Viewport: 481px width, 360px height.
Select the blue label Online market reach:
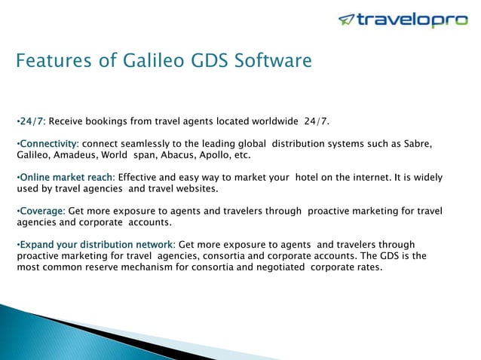click(x=66, y=178)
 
